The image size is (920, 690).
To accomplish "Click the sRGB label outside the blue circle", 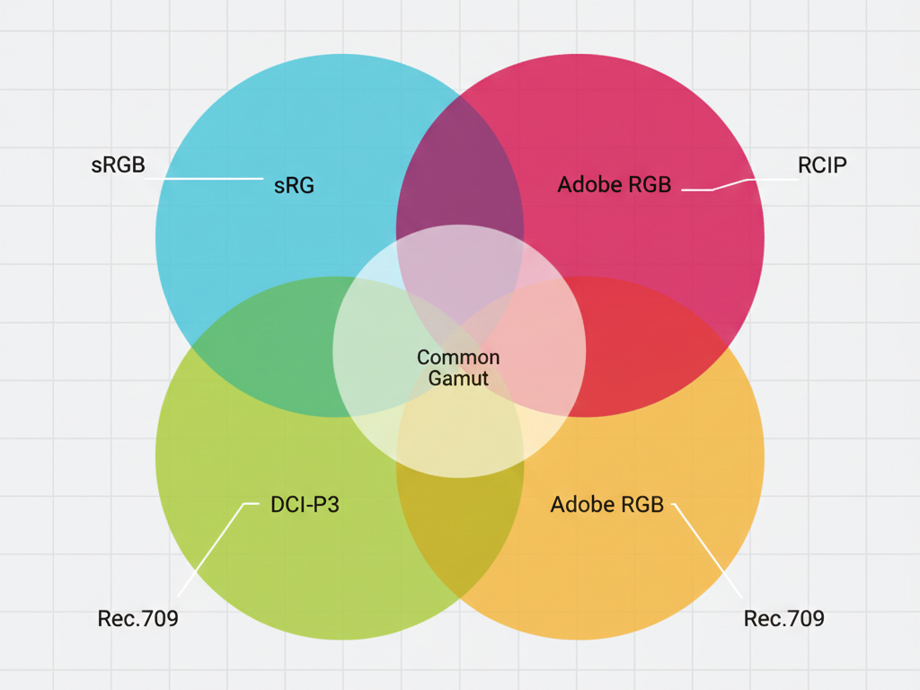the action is tap(118, 165).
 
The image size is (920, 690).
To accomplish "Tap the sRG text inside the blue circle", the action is tap(294, 185).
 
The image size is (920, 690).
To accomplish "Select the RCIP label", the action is tap(822, 165).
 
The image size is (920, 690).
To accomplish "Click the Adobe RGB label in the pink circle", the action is tap(615, 184).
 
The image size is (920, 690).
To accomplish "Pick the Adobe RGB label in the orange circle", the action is tap(606, 505).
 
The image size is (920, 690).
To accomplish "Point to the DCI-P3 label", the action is tap(305, 505).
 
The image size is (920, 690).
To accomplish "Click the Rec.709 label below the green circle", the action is tap(137, 618).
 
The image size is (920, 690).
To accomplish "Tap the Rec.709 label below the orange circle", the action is tap(783, 618).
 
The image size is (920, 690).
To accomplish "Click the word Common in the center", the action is tap(458, 358).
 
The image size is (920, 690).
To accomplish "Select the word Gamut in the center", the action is tap(458, 378).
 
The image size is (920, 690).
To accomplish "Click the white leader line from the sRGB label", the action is tap(204, 179).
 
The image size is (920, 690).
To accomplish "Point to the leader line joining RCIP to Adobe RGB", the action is tap(739, 184).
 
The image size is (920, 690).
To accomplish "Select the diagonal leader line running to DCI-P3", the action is tap(218, 550).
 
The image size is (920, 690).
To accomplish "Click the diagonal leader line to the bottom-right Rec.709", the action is tap(707, 551).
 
